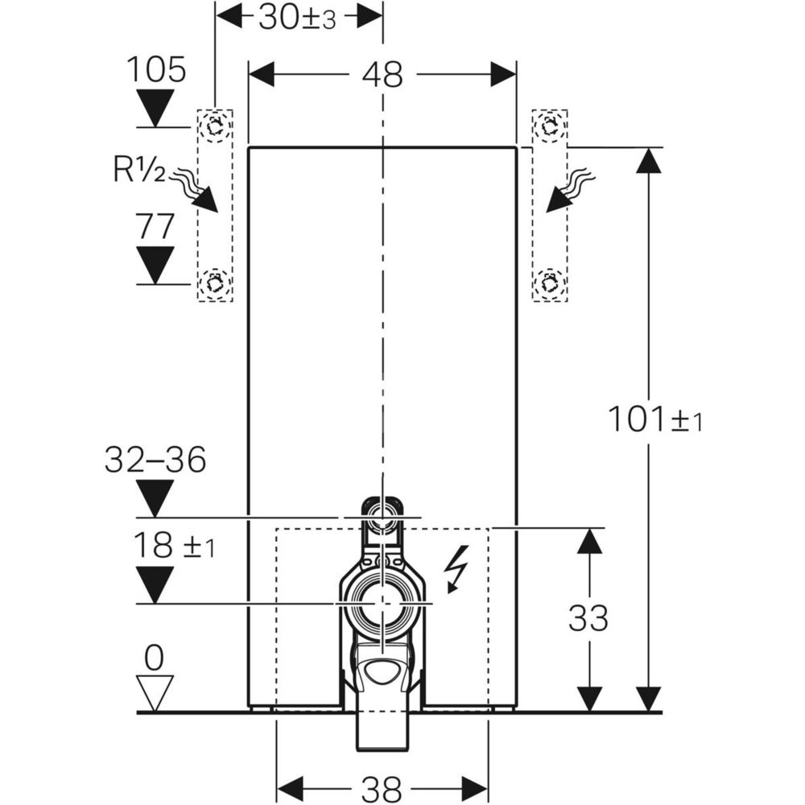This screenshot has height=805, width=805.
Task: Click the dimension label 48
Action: [382, 75]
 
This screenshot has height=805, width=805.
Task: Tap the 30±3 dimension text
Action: [297, 18]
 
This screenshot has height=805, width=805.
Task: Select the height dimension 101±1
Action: [654, 419]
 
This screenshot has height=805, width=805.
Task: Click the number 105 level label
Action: [156, 71]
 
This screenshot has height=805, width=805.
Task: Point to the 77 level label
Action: [155, 227]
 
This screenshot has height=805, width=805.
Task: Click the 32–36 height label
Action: [155, 460]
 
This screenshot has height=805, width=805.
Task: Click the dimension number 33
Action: [588, 618]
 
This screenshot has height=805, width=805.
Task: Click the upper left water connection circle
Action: [215, 126]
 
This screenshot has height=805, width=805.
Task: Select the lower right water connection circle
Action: [550, 283]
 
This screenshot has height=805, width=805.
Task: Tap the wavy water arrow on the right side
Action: [570, 191]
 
